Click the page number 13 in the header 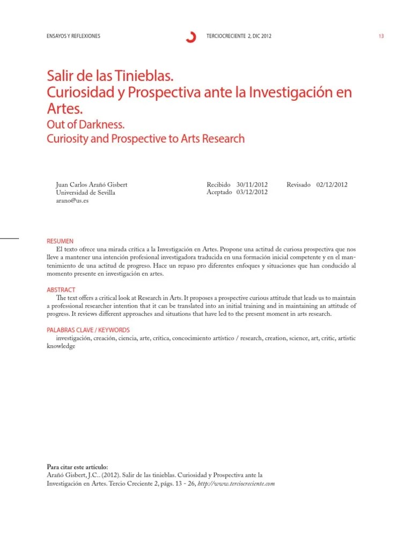coord(381,36)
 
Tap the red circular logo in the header coord(190,36)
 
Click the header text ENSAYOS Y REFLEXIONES coord(74,36)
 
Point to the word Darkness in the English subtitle coord(102,125)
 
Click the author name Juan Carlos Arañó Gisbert coord(92,184)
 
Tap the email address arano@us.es coord(72,201)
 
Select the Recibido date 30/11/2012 coord(252,184)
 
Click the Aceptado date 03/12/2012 coord(252,192)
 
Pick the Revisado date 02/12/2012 coord(332,184)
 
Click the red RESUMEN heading coord(60,241)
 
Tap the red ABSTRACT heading coord(61,290)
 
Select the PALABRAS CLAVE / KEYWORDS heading coord(89,330)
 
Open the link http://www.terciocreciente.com coord(237,483)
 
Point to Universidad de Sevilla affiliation coord(85,192)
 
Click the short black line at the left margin coord(9,238)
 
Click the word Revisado coord(299,184)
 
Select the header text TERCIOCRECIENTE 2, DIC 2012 coord(239,36)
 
